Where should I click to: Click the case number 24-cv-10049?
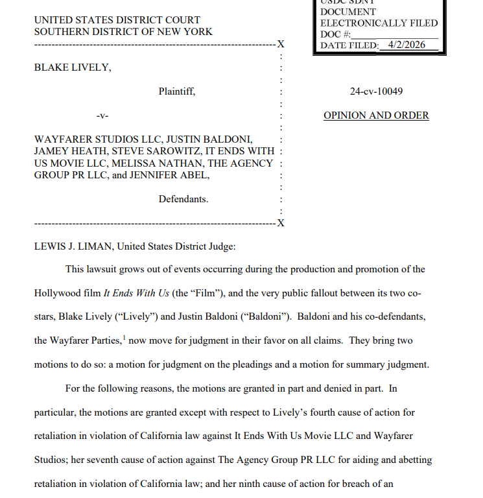tap(376, 91)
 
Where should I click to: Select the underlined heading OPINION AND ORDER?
tap(376, 115)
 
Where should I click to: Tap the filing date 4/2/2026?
tap(407, 45)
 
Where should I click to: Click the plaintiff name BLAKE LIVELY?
tap(72, 67)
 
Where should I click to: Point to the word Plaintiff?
tap(176, 91)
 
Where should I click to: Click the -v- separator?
tap(102, 116)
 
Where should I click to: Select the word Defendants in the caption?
tap(183, 199)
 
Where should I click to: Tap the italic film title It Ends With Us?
tap(136, 293)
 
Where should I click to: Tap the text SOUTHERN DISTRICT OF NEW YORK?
tap(123, 31)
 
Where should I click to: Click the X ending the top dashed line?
tap(280, 44)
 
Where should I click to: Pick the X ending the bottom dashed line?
tap(280, 224)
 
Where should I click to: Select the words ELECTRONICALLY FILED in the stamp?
tap(379, 23)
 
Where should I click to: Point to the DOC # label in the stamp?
tap(335, 34)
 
